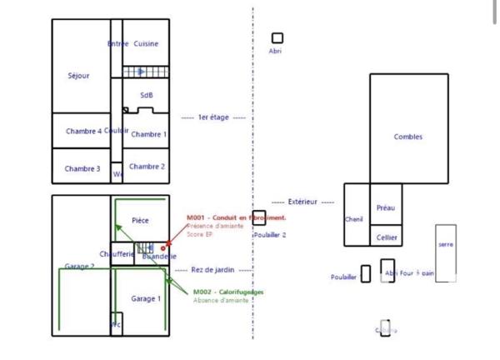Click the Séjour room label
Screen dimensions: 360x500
(x=78, y=76)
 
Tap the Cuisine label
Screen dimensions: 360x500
(x=146, y=44)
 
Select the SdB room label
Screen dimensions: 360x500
(x=147, y=96)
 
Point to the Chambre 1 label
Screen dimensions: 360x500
(x=149, y=134)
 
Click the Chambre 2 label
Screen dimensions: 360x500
(x=147, y=167)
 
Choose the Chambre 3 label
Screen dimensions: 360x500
(x=82, y=169)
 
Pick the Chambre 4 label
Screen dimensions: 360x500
(x=83, y=132)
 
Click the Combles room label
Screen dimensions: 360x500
(x=408, y=137)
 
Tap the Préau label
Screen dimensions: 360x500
(x=385, y=208)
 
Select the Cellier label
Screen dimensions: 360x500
(x=387, y=237)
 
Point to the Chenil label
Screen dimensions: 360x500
(x=354, y=219)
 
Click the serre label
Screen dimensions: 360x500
(x=446, y=244)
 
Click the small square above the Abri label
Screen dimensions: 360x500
(x=277, y=38)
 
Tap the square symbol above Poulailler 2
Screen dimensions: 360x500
(x=259, y=217)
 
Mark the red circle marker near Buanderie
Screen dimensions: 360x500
(x=163, y=248)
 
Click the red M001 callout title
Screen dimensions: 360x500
(x=236, y=217)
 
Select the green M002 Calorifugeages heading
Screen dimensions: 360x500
(x=228, y=292)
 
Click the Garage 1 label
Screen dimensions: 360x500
(x=145, y=298)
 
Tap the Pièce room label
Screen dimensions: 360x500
(x=140, y=221)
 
